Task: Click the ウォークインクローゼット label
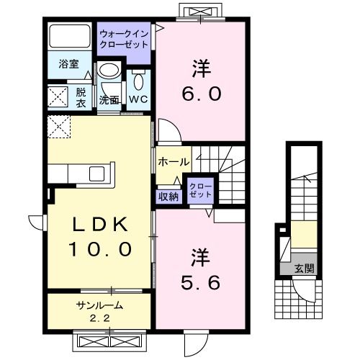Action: [125, 40]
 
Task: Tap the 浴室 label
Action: [69, 63]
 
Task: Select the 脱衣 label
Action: [81, 96]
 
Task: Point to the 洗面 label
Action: [109, 99]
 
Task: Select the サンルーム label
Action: [99, 305]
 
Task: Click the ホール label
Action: [173, 161]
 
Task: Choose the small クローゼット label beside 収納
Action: [200, 190]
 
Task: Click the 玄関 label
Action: [304, 269]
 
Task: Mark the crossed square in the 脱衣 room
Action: [58, 96]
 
